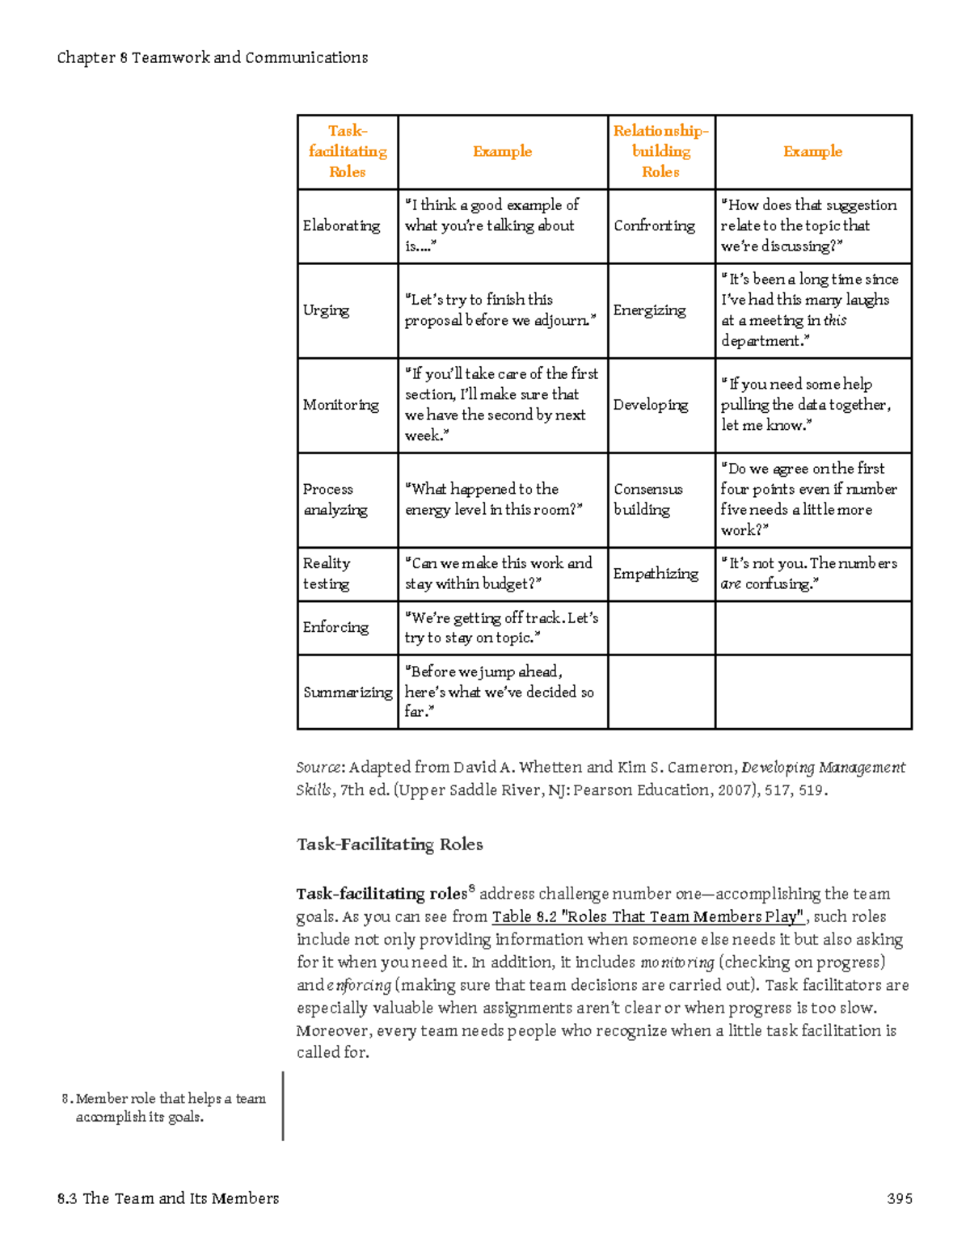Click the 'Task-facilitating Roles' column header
[348, 151]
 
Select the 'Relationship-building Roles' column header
[660, 151]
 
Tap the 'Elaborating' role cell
[341, 225]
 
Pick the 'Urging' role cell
[326, 310]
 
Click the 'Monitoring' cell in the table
[340, 405]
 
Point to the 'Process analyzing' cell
[335, 499]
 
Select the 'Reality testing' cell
[327, 573]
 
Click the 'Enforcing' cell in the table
[335, 627]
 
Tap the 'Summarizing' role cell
[348, 692]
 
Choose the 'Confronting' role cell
[654, 225]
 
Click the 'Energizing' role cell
[649, 310]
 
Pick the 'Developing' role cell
[651, 405]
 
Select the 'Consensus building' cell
[647, 499]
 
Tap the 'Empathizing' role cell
[656, 573]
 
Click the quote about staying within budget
[498, 573]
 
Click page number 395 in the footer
[899, 1198]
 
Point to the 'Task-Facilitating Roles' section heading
[390, 844]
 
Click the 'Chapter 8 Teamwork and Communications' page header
[213, 57]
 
